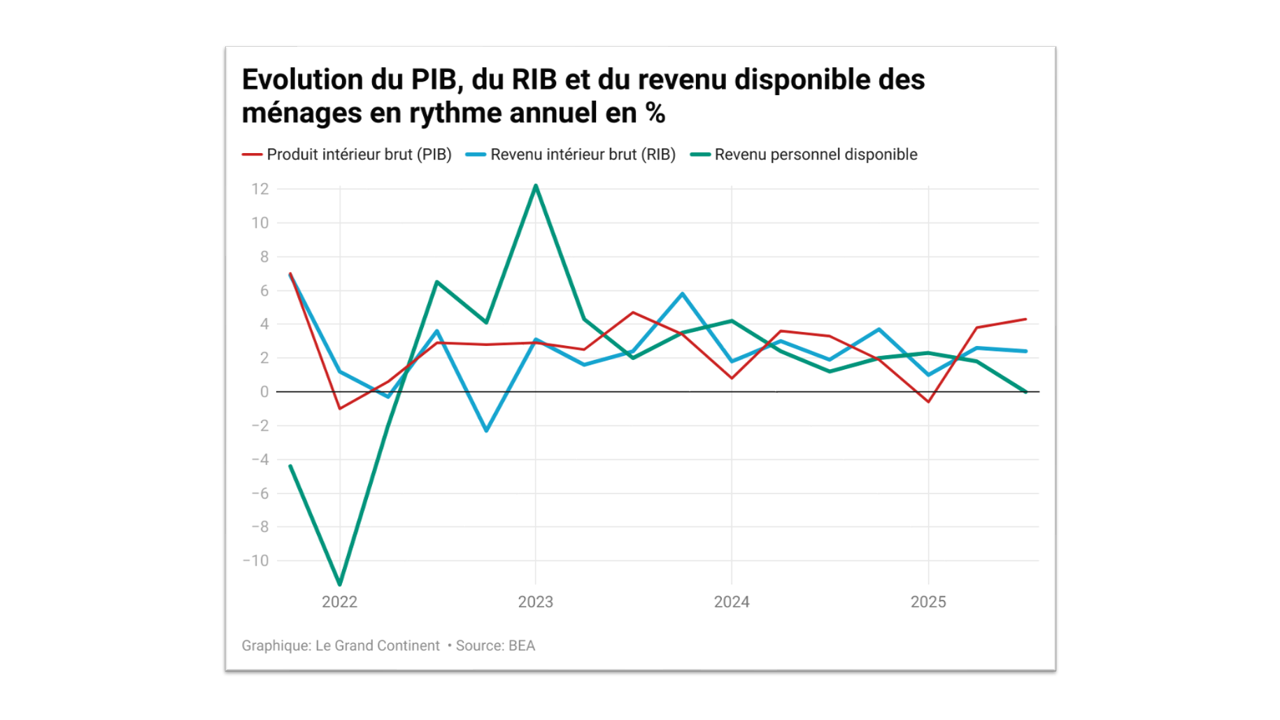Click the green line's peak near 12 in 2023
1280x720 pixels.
[536, 186]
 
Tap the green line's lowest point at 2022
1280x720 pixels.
[340, 584]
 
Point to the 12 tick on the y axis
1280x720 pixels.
[260, 189]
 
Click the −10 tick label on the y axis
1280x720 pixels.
[256, 561]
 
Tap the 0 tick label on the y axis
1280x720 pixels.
[264, 392]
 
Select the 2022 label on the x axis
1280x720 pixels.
[339, 602]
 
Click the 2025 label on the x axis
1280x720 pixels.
[928, 602]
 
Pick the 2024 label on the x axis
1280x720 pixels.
[732, 602]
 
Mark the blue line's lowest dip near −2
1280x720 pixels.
[486, 431]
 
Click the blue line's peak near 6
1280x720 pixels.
[683, 294]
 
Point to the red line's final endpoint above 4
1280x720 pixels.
[1025, 319]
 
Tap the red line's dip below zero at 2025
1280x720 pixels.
[928, 402]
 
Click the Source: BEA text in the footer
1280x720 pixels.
[495, 646]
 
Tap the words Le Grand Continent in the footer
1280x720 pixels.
[378, 646]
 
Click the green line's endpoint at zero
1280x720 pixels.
[1025, 392]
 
